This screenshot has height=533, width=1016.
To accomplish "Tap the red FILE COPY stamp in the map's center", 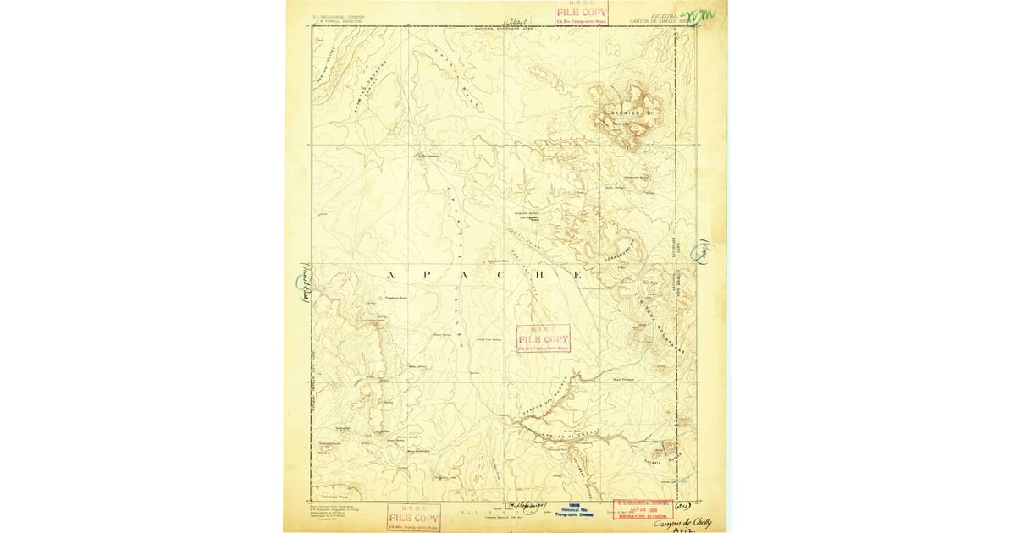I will [x=544, y=338].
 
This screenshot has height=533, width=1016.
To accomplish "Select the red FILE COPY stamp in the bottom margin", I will [x=414, y=518].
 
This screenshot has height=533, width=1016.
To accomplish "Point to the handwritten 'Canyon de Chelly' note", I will [x=682, y=524].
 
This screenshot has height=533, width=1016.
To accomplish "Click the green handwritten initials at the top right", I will [x=700, y=16].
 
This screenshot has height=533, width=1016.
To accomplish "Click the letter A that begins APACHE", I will [x=391, y=276].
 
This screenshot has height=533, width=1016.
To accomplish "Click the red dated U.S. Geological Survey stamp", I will [x=643, y=511].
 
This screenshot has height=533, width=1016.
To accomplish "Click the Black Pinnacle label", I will [x=623, y=380].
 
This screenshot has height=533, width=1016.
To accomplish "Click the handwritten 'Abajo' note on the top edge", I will [x=516, y=20].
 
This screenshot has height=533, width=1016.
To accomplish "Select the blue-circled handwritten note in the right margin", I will [x=702, y=251].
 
